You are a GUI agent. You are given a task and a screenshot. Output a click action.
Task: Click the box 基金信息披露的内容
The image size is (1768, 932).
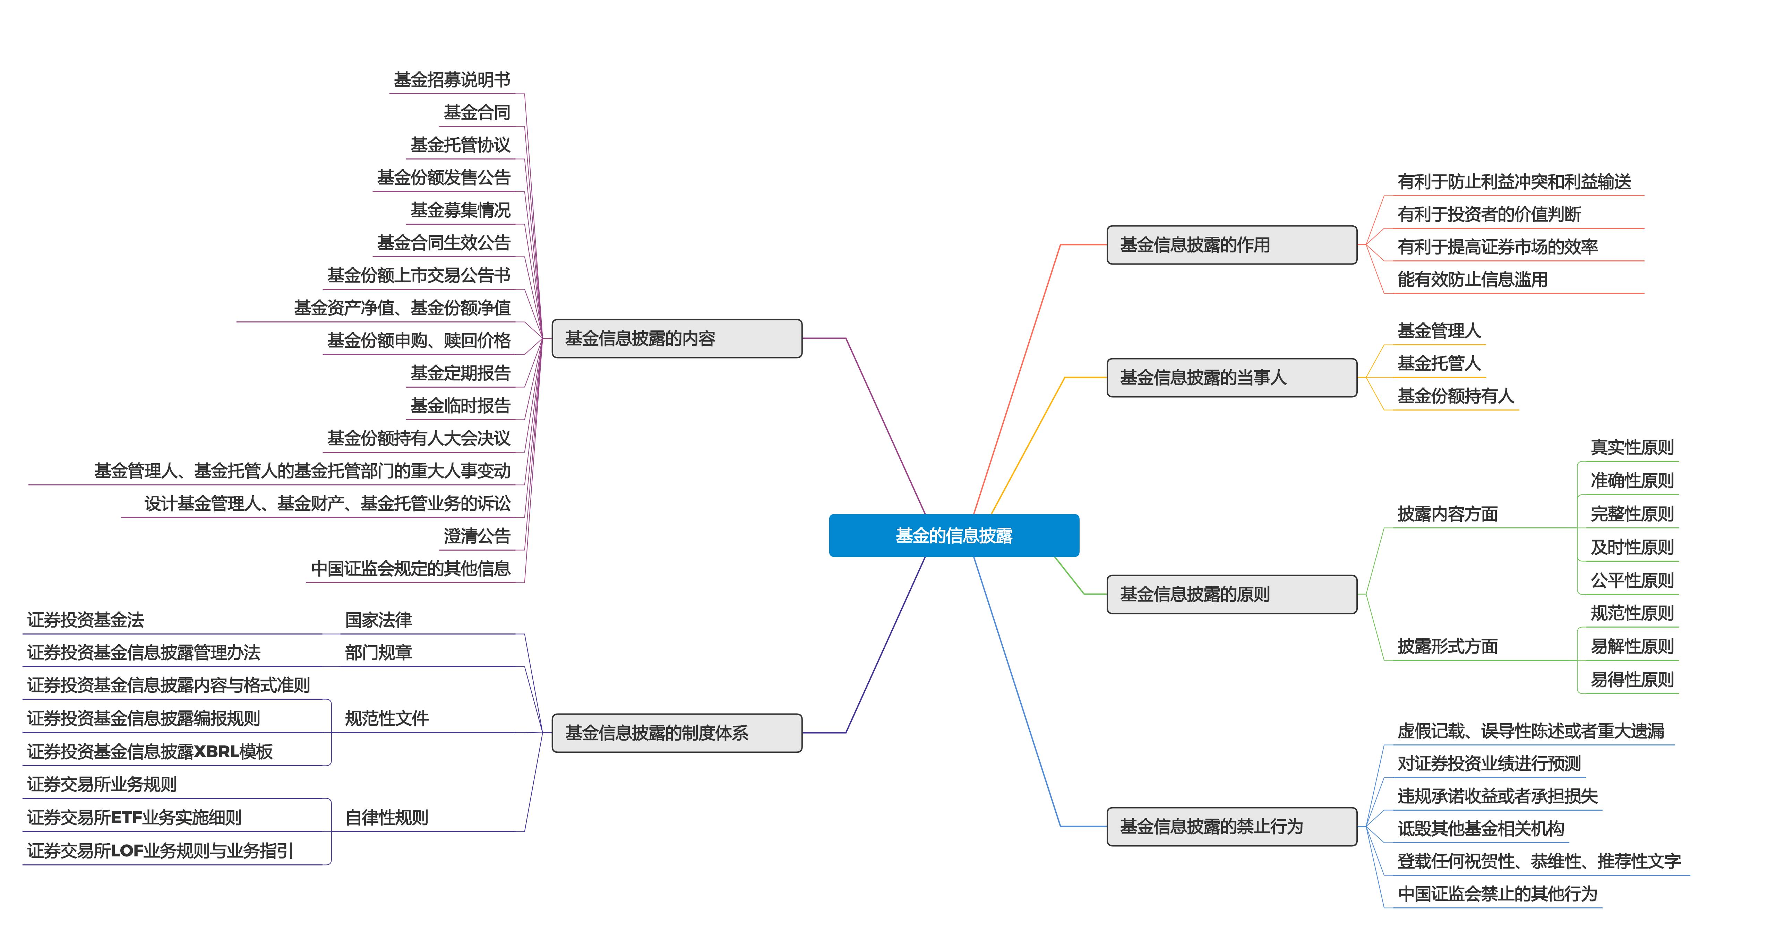[677, 338]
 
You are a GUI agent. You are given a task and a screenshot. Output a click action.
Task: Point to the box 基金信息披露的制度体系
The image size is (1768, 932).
[677, 733]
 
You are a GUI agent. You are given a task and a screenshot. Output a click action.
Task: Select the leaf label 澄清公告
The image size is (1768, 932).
[477, 536]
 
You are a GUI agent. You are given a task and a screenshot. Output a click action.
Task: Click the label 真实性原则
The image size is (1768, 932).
[1632, 448]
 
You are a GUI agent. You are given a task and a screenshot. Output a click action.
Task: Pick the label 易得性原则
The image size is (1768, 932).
[1632, 680]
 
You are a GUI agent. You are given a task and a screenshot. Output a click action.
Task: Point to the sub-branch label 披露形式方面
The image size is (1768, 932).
[1448, 647]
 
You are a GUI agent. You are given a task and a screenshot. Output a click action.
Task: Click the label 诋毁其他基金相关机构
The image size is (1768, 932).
[1481, 828]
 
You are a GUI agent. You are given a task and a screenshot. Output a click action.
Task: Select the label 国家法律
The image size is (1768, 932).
[378, 620]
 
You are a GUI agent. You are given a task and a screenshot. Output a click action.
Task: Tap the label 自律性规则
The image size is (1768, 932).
[386, 817]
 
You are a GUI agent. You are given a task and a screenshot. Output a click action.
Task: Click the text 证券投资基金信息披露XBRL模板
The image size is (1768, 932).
[149, 751]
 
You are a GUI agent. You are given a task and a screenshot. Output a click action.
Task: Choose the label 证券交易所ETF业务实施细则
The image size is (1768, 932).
[135, 817]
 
